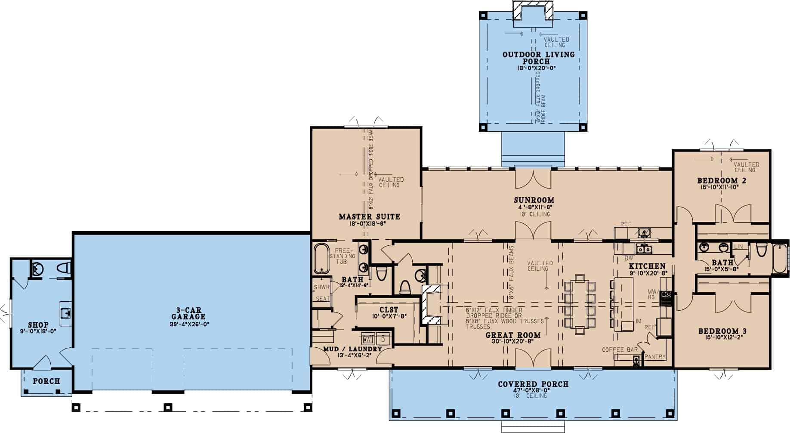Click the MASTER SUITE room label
[x=369, y=216]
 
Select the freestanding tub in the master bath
[x=321, y=259]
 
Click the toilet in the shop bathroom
[x=63, y=268]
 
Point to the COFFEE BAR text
[x=620, y=349]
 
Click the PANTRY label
[x=655, y=357]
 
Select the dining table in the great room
[x=580, y=304]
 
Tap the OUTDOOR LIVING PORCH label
[x=538, y=58]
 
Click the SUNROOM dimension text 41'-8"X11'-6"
[x=534, y=207]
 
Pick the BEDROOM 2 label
[x=722, y=180]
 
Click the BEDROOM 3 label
[x=722, y=331]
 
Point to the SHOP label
[x=38, y=325]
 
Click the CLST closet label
[x=389, y=309]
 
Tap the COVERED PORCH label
[x=533, y=384]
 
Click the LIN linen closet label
[x=738, y=247]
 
